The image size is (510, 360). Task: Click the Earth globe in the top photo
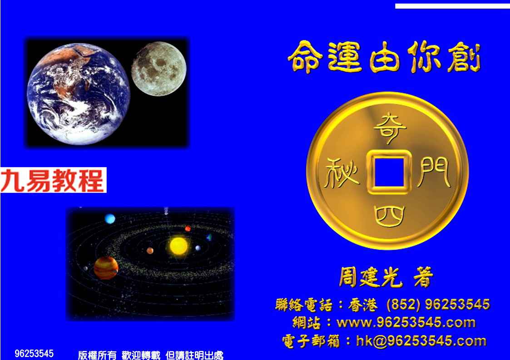click(79, 94)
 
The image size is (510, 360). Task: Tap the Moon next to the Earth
click(159, 69)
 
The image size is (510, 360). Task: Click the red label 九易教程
click(53, 180)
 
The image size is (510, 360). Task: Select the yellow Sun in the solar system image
click(178, 246)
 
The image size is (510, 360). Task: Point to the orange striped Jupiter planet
click(106, 268)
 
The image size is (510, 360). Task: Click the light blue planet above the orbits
click(110, 218)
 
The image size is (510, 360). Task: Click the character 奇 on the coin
click(390, 128)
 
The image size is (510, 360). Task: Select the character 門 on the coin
click(434, 173)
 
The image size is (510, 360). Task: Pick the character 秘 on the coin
click(341, 173)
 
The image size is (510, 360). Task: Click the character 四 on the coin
click(389, 216)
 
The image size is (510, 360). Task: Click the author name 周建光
click(370, 277)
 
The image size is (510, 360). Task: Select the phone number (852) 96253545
click(438, 305)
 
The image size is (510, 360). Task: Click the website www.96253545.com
click(406, 323)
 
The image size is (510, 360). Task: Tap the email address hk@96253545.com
click(421, 341)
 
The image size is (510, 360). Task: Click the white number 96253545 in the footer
click(34, 353)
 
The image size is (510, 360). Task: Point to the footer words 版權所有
click(97, 355)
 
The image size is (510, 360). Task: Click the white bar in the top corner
click(452, 6)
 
